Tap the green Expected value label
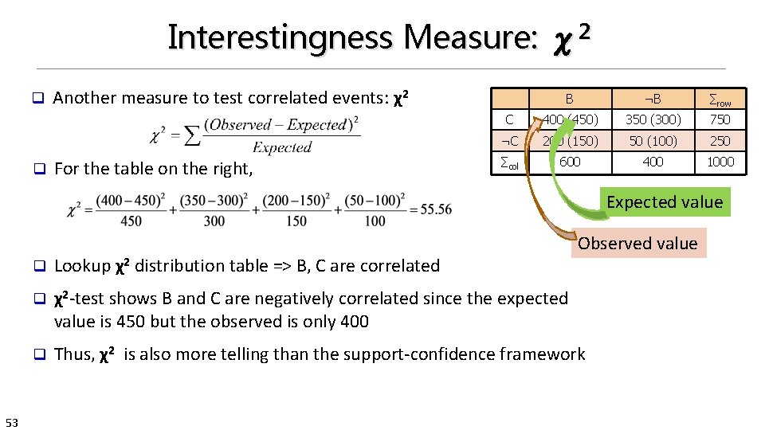(x=664, y=202)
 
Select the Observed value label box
(x=637, y=244)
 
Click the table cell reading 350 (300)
(x=653, y=119)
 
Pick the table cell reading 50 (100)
(x=653, y=141)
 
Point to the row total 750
(x=720, y=119)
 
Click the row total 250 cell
(x=720, y=141)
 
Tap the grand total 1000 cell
(x=720, y=162)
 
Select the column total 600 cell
(x=570, y=162)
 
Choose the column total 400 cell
(x=653, y=162)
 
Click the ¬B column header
(x=653, y=99)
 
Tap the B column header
(x=570, y=99)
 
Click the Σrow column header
(x=720, y=100)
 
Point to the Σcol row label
(x=508, y=162)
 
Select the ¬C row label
(x=508, y=141)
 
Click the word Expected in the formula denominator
(x=282, y=147)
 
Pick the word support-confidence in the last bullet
(x=383, y=354)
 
